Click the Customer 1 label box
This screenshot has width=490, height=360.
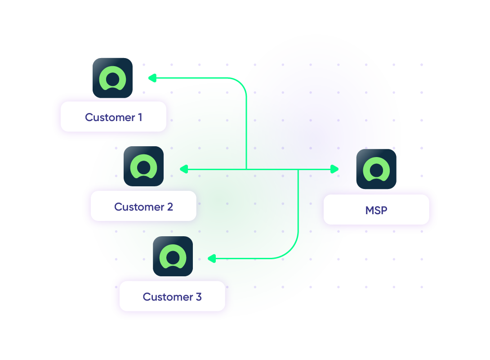point(113,117)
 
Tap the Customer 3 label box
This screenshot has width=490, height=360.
point(172,297)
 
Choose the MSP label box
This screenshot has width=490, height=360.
point(376,210)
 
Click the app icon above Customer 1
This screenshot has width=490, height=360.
point(112,78)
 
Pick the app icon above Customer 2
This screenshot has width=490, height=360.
point(143,166)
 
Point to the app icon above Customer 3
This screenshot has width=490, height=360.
point(173,256)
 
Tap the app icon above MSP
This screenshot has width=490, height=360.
point(376,169)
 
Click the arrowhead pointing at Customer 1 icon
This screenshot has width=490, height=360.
point(152,78)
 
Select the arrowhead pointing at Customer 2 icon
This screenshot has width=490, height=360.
point(183,169)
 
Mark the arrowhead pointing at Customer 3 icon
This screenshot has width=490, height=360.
point(211,259)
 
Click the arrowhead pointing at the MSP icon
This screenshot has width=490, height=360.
point(334,169)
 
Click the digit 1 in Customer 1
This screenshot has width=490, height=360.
point(139,117)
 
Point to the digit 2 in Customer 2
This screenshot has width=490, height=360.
point(170,207)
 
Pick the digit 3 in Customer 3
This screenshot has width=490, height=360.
point(199,297)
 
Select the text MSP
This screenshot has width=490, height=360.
point(376,210)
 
